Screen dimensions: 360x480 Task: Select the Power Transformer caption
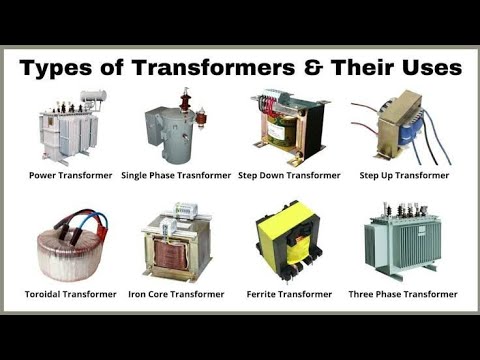tap(70, 175)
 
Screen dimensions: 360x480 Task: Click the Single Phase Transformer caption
tap(176, 175)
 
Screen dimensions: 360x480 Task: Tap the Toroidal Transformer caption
tap(70, 294)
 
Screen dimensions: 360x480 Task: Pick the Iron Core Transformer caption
tap(176, 294)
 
